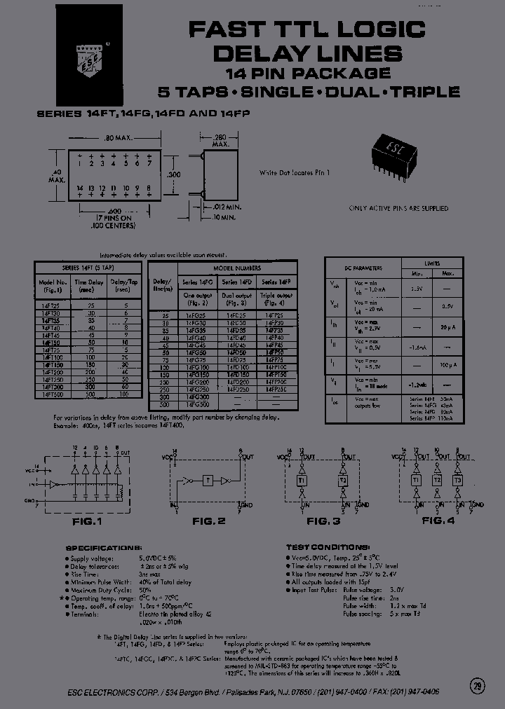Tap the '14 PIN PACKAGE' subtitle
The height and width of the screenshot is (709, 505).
(x=308, y=73)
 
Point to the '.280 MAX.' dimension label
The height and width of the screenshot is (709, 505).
(x=221, y=140)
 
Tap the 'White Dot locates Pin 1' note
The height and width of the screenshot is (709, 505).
(x=294, y=172)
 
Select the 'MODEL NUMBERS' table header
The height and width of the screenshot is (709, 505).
(x=237, y=268)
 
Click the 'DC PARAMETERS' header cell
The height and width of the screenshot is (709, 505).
(x=363, y=268)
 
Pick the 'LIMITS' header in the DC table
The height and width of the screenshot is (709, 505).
(x=432, y=263)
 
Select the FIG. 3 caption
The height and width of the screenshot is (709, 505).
(x=323, y=522)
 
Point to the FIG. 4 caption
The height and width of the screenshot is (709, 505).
(x=438, y=522)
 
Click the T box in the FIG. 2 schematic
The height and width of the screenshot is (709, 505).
(x=207, y=481)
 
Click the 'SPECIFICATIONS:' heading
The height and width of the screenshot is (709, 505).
(x=103, y=547)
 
